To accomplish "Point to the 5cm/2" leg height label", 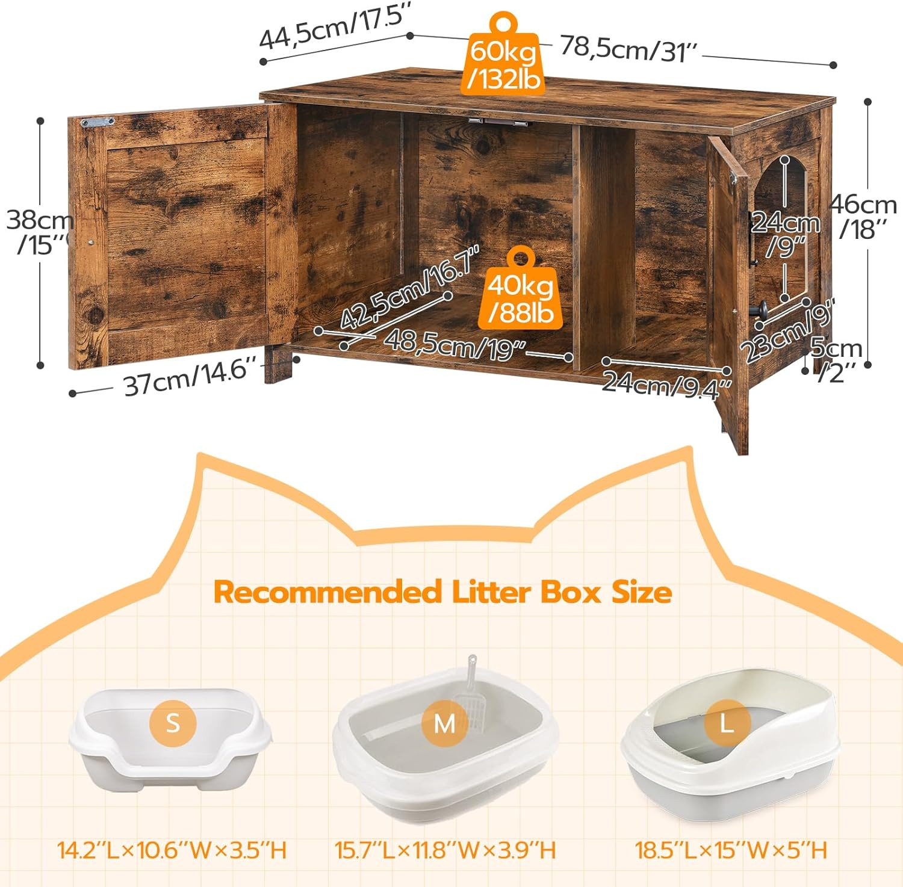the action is (x=837, y=360).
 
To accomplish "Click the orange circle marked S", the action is (x=173, y=722).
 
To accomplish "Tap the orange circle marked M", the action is (x=444, y=723).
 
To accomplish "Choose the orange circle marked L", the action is (x=727, y=723).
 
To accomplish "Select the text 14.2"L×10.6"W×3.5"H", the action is (x=172, y=850).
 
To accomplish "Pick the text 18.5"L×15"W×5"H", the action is (x=731, y=850).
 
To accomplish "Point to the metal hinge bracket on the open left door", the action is (x=98, y=122).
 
